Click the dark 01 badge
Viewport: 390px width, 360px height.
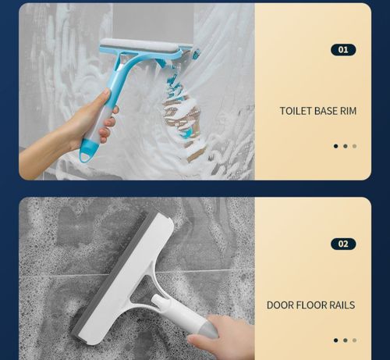click(x=343, y=50)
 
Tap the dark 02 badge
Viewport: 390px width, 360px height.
click(x=343, y=244)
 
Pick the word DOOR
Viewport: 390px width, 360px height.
click(x=282, y=305)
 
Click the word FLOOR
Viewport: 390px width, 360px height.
click(x=314, y=305)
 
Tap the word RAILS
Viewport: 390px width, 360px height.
click(x=343, y=305)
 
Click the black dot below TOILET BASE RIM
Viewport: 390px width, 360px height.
click(x=336, y=146)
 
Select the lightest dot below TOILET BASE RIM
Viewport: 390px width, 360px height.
click(x=354, y=146)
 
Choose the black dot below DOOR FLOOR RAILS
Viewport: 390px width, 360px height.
click(x=336, y=340)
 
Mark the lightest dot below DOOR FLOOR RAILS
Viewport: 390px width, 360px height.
click(x=354, y=340)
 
